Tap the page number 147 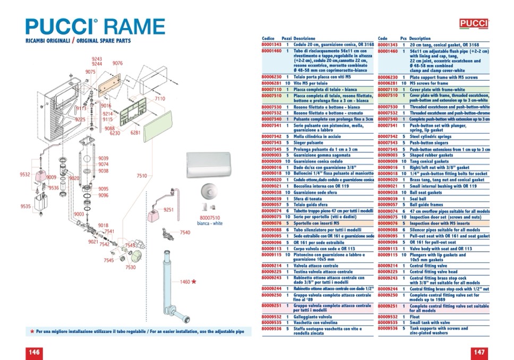[479, 352]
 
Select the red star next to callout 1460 [194, 281]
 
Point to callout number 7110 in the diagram [160, 99]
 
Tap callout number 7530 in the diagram [131, 268]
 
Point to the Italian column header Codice [268, 39]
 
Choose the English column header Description [420, 39]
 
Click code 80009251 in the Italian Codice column [271, 306]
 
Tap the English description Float [415, 316]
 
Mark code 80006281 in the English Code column [388, 83]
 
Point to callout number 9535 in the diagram [25, 206]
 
